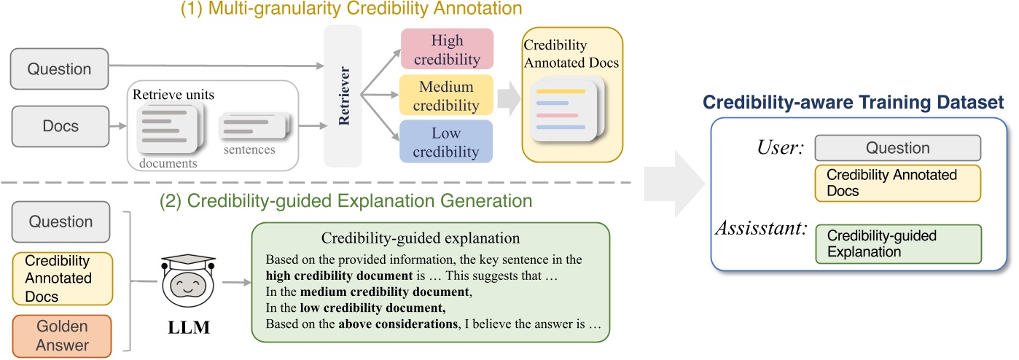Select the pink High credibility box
(447, 50)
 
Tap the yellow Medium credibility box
(447, 95)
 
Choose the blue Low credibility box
(447, 141)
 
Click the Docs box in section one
(59, 126)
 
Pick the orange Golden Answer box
(61, 336)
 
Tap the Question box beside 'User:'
(897, 148)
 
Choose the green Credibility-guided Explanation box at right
(898, 243)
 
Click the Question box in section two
(60, 222)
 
